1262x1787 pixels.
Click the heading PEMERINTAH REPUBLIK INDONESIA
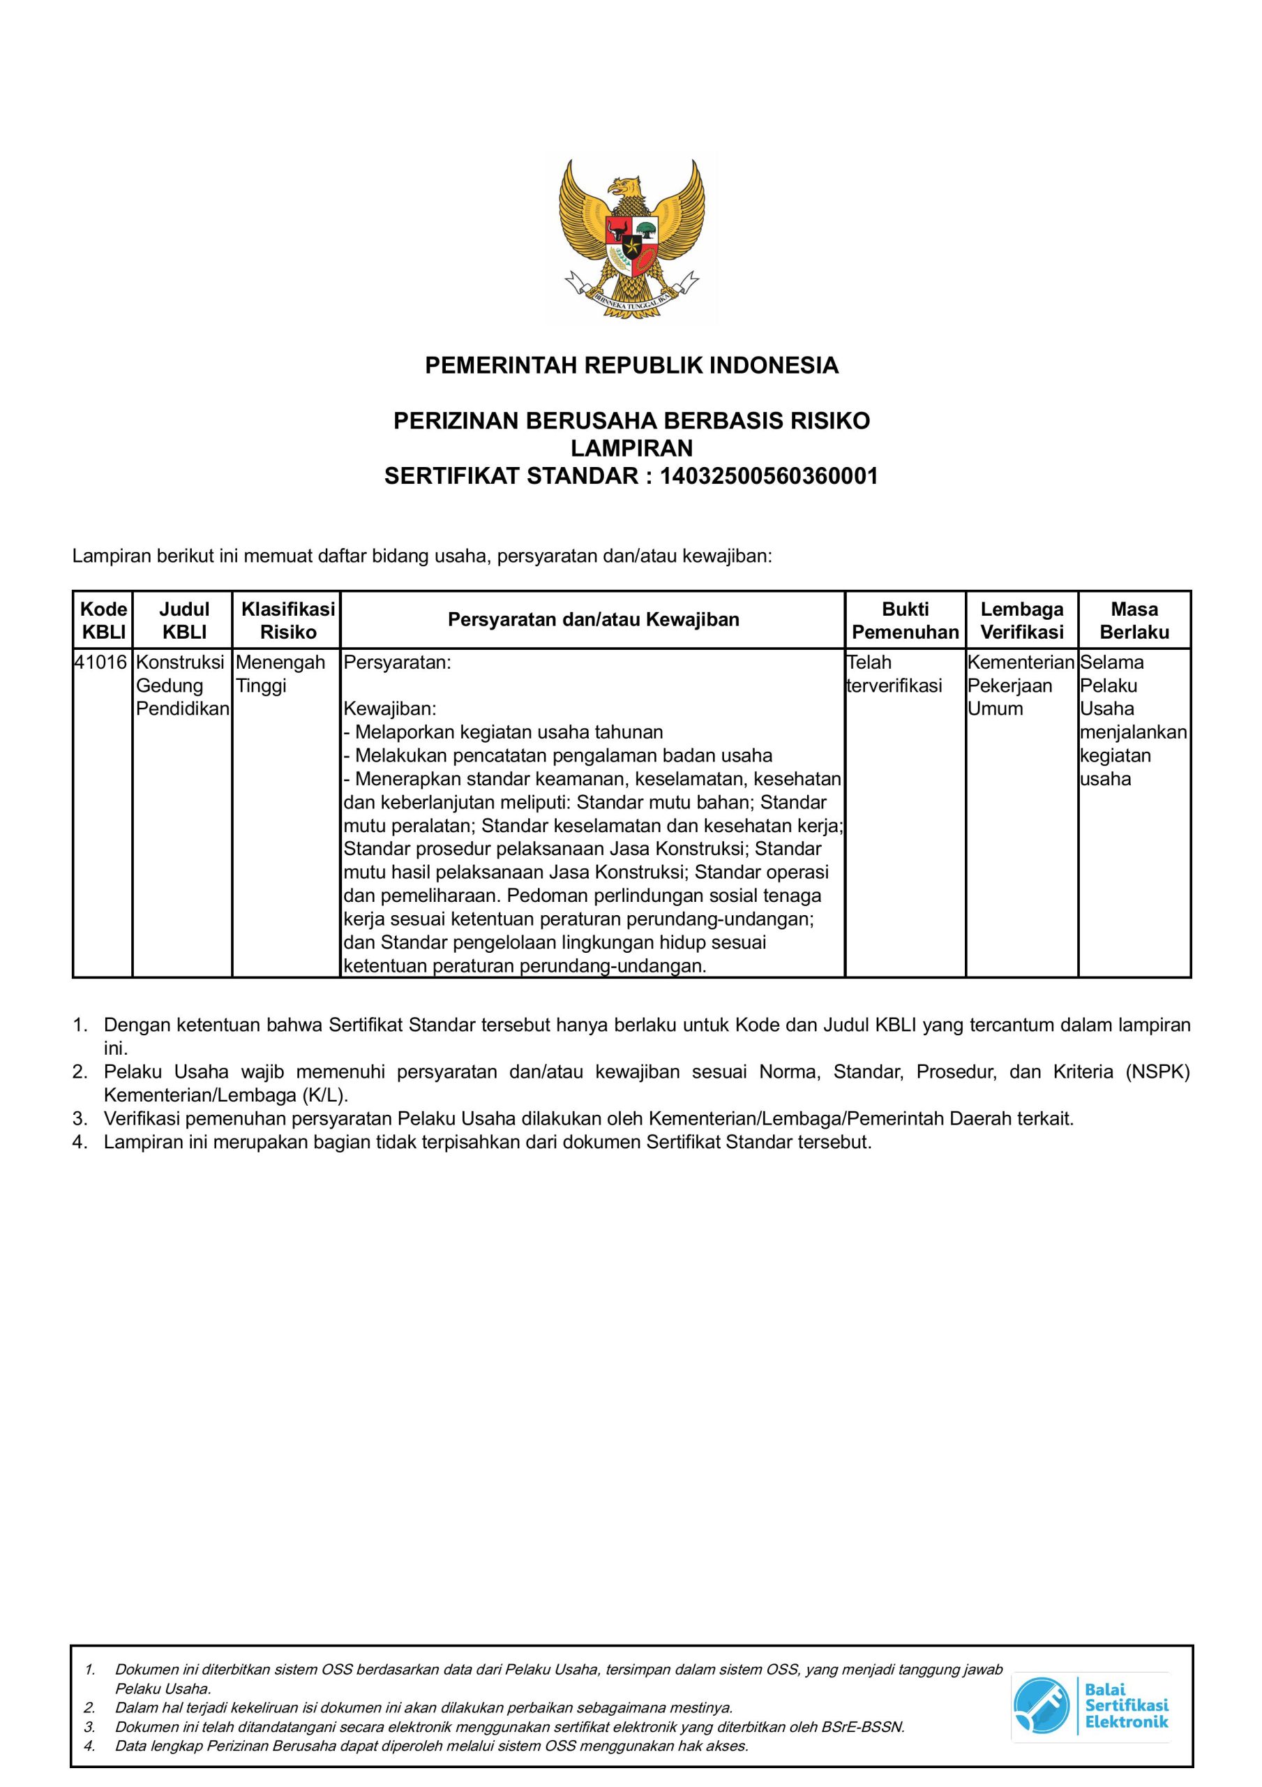631,365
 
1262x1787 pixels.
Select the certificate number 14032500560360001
769,476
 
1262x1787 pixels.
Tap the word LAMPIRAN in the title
631,448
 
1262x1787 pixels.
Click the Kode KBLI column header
103,621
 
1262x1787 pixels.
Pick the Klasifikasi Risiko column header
287,621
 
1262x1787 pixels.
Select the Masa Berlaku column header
1134,621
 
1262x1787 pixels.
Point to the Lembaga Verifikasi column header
1021,621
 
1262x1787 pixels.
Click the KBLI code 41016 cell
101,663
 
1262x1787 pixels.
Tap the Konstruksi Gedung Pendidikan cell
182,685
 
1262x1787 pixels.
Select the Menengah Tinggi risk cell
280,674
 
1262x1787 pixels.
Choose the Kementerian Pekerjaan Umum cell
1020,685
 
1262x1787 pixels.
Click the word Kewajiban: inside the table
391,709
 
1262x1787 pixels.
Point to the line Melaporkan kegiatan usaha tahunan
504,732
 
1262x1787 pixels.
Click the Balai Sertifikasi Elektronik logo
1091,1706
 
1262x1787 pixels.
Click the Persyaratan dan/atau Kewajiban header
593,621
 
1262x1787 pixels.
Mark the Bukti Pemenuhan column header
905,621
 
